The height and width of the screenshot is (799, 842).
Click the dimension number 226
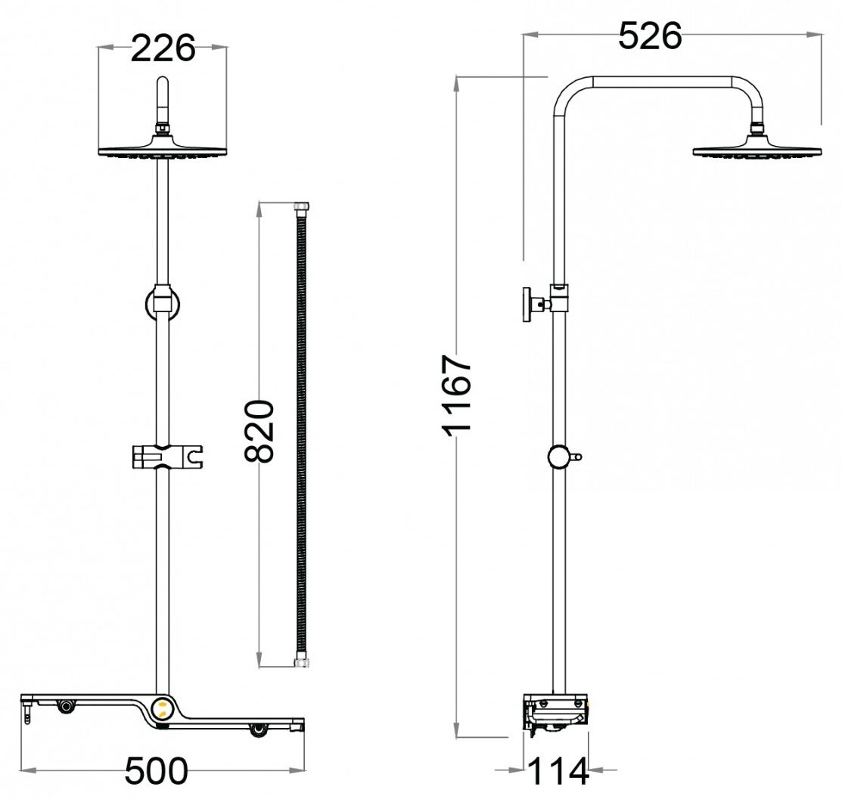(x=163, y=49)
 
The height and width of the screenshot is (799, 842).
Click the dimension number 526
(x=650, y=36)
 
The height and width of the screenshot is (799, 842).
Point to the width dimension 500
(x=156, y=772)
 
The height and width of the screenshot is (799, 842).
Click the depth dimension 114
(x=558, y=772)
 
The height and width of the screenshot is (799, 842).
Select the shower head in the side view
(x=757, y=149)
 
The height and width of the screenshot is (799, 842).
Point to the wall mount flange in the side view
(x=527, y=305)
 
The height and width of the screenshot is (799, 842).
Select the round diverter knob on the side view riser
(x=558, y=457)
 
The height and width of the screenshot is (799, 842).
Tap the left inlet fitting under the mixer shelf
(x=67, y=706)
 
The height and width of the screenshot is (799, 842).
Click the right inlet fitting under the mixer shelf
(x=259, y=729)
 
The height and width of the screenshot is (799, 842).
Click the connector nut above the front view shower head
(x=161, y=129)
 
